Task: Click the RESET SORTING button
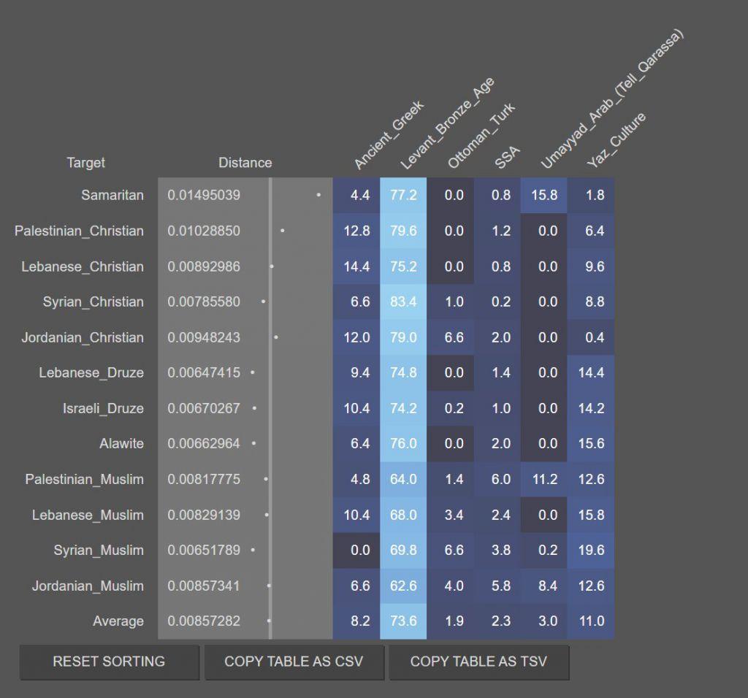[x=109, y=661]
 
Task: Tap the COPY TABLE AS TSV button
[x=478, y=661]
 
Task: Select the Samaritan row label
[x=112, y=195]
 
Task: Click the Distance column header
[x=245, y=163]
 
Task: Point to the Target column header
[x=85, y=163]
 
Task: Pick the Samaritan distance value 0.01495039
[x=204, y=195]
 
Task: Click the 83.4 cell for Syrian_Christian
[x=403, y=302]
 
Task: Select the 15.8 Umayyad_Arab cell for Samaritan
[x=543, y=195]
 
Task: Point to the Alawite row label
[x=121, y=443]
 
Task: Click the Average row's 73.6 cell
[x=403, y=621]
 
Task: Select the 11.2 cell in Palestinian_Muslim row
[x=543, y=479]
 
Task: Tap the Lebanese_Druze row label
[x=91, y=372]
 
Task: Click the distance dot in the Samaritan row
[x=318, y=195]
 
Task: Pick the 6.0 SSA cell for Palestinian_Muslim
[x=501, y=479]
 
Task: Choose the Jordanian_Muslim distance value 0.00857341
[x=204, y=586]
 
